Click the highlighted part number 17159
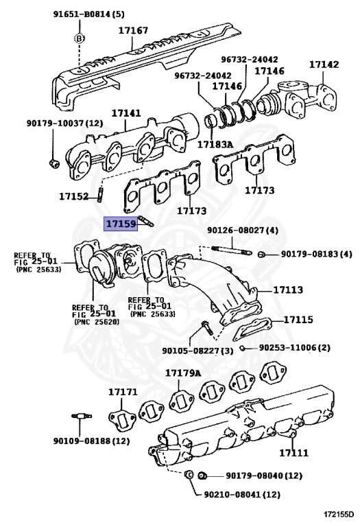(x=120, y=224)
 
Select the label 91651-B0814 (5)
(x=89, y=14)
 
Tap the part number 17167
(x=133, y=31)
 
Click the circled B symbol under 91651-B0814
(x=80, y=38)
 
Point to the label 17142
(x=323, y=65)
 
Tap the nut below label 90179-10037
(x=54, y=163)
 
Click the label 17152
(x=73, y=196)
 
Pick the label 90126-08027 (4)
(x=243, y=231)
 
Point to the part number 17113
(x=287, y=290)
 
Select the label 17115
(x=298, y=320)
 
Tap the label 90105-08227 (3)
(x=198, y=350)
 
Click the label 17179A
(x=182, y=373)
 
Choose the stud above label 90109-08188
(x=81, y=417)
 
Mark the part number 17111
(x=293, y=453)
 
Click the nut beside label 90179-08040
(x=202, y=476)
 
